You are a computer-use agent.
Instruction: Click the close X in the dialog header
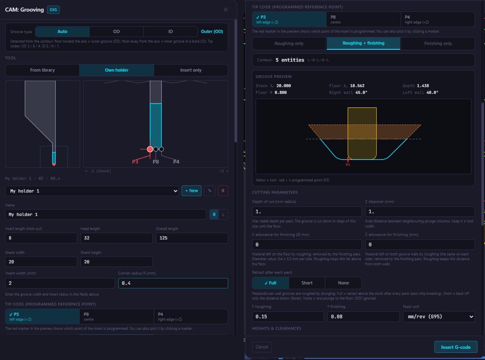(226, 10)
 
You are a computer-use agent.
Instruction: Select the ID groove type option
(170, 31)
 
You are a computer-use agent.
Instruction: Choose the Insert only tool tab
(191, 70)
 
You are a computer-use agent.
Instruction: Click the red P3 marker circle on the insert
(150, 149)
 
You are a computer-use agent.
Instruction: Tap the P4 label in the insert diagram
(176, 162)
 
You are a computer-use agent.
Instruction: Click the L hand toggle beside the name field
(223, 214)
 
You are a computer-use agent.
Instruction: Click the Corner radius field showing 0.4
(173, 283)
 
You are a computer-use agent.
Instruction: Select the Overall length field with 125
(192, 238)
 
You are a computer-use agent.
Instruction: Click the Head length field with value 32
(116, 238)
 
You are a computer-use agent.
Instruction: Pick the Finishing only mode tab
(438, 43)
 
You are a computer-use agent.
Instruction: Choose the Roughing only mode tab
(289, 43)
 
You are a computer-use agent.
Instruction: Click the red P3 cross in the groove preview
(348, 160)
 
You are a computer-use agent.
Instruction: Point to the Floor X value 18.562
(357, 86)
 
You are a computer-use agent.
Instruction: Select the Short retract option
(307, 283)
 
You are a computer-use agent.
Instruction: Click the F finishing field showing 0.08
(363, 317)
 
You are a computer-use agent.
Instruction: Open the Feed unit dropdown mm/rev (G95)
(439, 317)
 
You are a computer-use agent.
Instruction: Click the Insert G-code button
(456, 347)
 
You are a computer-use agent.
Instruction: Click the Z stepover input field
(420, 212)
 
